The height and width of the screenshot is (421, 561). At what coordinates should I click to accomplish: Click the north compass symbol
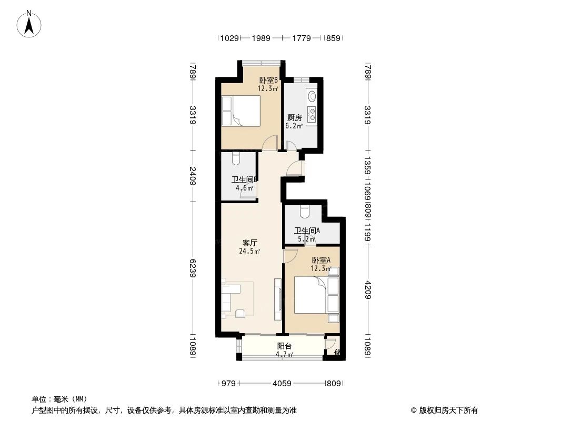click(x=31, y=23)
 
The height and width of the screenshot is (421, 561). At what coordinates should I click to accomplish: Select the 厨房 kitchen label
click(x=294, y=118)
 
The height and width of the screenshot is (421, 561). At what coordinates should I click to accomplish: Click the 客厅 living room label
click(x=249, y=243)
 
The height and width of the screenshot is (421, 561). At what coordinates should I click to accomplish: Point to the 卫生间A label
click(x=307, y=230)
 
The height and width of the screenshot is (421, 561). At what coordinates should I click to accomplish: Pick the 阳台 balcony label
click(x=285, y=346)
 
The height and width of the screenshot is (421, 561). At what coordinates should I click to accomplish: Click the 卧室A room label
click(x=320, y=260)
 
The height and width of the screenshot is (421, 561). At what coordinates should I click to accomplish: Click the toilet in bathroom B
click(x=235, y=157)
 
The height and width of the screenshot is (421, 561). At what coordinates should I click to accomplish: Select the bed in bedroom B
click(x=241, y=111)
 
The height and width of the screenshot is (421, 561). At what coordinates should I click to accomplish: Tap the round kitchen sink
click(x=312, y=96)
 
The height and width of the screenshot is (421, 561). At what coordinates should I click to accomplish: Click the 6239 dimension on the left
click(x=193, y=268)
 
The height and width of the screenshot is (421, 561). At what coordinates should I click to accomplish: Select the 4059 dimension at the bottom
click(x=282, y=384)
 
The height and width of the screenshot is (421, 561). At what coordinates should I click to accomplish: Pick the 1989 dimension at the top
click(x=261, y=38)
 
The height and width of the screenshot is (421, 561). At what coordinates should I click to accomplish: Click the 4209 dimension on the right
click(x=367, y=289)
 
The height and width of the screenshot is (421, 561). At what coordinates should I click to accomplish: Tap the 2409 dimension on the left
click(x=193, y=176)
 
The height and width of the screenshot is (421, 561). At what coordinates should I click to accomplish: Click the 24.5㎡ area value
click(x=249, y=252)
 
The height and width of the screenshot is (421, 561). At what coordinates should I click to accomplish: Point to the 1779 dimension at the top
click(x=301, y=38)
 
